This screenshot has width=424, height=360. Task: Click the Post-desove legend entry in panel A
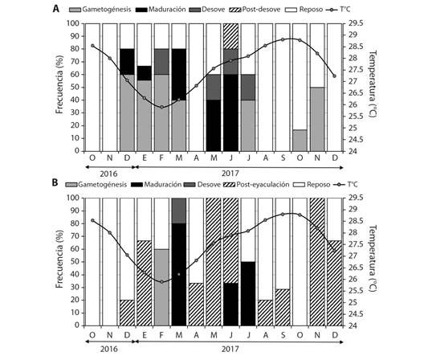click(255, 10)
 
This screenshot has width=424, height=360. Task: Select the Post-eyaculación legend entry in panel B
click(256, 185)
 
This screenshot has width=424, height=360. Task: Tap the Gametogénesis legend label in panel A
click(107, 10)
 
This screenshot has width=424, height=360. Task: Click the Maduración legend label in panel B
click(163, 185)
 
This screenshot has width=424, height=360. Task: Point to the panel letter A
click(56, 9)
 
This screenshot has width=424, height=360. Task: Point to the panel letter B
click(55, 182)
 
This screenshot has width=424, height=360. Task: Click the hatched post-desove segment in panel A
click(230, 36)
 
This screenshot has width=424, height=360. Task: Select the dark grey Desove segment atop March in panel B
click(179, 211)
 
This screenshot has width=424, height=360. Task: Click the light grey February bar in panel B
click(161, 287)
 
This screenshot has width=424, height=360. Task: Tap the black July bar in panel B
click(248, 293)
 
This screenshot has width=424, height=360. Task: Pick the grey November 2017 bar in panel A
click(317, 119)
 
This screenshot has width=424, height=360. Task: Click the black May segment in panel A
click(214, 125)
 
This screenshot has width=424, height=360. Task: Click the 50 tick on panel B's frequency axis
click(75, 262)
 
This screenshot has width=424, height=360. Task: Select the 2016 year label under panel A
click(108, 174)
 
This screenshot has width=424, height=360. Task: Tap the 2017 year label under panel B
click(230, 349)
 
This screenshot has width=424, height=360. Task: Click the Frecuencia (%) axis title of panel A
click(59, 84)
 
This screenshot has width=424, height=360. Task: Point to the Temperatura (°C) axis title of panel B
click(373, 258)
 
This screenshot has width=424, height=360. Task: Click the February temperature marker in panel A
click(161, 107)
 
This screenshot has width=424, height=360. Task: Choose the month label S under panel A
click(283, 157)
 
